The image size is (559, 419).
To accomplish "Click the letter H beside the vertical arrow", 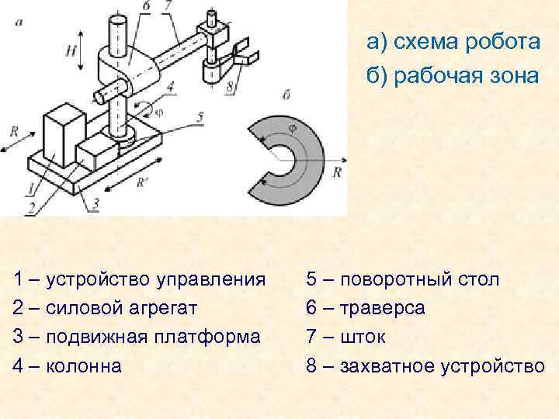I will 71,50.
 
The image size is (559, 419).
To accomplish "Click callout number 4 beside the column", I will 169,86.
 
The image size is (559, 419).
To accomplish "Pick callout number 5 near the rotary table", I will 200,117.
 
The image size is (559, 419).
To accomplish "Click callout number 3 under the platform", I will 95,203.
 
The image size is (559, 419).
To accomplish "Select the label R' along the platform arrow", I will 142,183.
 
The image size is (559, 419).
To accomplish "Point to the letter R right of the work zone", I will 337,173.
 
